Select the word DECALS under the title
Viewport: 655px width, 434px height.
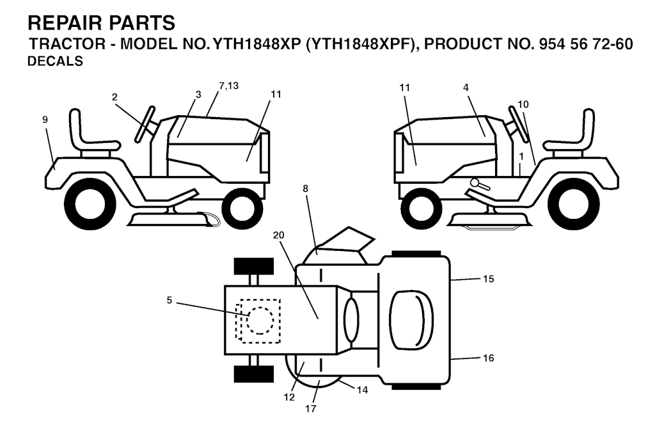coord(55,61)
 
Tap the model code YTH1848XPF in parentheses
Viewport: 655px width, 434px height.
coord(362,44)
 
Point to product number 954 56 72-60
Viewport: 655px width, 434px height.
coord(587,44)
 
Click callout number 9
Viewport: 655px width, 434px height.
coord(45,120)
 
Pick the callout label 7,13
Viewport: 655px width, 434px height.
coord(228,86)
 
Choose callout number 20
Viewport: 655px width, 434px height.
coord(279,235)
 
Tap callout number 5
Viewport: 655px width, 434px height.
coord(169,300)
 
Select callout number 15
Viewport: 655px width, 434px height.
coord(488,278)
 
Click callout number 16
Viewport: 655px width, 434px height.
coord(488,358)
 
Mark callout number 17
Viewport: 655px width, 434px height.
coord(310,408)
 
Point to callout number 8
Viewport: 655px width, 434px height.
coord(305,189)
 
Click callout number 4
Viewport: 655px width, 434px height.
coord(466,88)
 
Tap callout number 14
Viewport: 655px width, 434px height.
coord(362,390)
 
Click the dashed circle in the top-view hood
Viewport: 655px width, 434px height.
coord(260,321)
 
